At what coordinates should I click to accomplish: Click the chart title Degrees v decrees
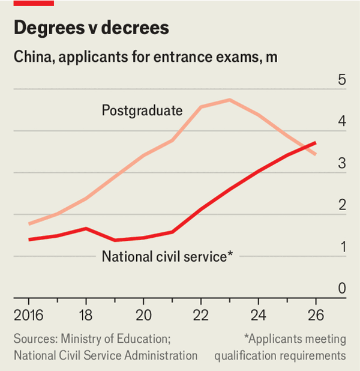[91, 28]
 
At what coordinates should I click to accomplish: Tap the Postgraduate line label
[142, 110]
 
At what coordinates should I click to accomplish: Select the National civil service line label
[167, 256]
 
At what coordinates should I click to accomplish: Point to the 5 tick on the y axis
[342, 80]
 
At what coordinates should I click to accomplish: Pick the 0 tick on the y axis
[342, 289]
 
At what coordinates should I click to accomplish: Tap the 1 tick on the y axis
[342, 247]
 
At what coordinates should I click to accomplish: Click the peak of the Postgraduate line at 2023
[229, 100]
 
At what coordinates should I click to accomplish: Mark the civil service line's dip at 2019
[115, 240]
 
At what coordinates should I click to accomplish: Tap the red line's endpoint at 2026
[316, 143]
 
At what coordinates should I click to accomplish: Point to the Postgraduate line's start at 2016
[29, 224]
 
